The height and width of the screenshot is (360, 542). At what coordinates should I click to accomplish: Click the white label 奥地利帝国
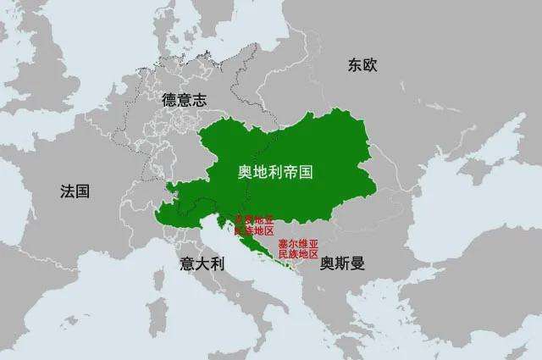click(x=275, y=171)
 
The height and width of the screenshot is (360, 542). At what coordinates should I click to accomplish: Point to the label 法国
click(x=75, y=191)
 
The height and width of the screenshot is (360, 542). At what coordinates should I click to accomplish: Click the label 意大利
click(x=201, y=263)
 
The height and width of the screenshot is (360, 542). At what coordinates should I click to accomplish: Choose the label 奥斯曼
click(x=342, y=263)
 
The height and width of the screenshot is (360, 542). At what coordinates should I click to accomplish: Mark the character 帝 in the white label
click(x=290, y=171)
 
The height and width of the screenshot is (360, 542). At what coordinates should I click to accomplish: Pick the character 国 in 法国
click(x=82, y=191)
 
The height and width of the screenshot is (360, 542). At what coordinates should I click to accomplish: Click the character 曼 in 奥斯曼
click(x=357, y=263)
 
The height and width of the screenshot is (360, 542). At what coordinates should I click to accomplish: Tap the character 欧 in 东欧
click(x=368, y=65)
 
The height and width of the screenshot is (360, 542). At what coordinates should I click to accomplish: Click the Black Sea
click(x=457, y=220)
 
